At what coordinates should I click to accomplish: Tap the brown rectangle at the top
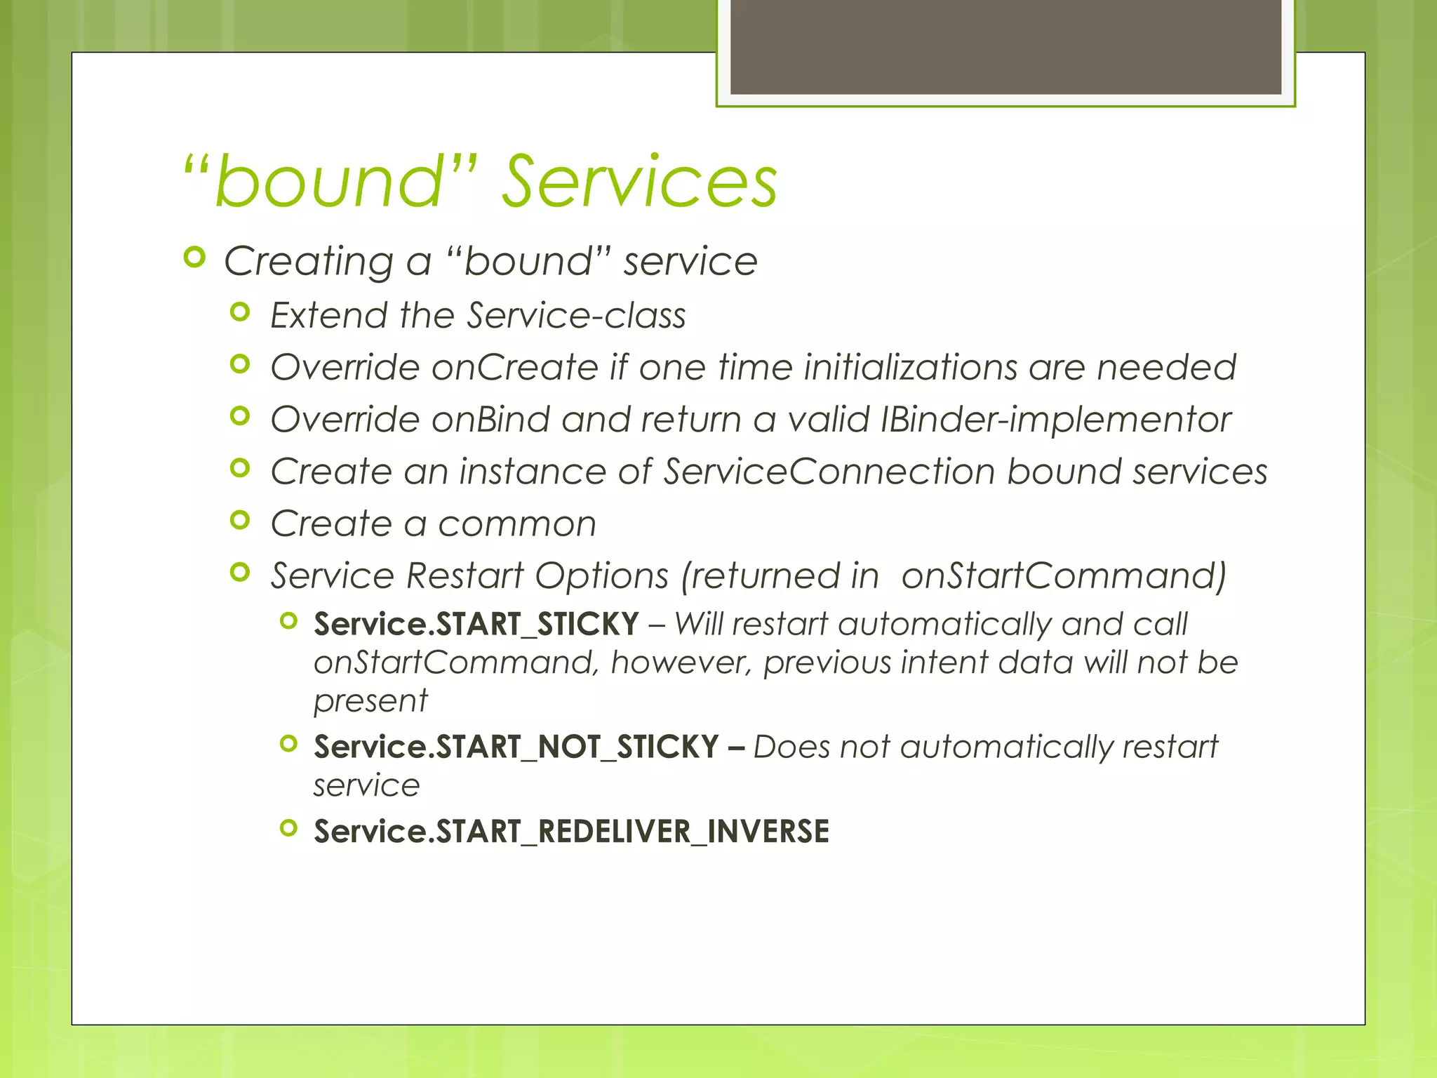point(1005,46)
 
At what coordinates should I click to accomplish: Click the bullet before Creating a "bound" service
point(194,258)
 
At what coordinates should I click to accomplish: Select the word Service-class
point(576,315)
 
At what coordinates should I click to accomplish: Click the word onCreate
point(514,367)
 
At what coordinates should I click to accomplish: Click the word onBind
point(490,419)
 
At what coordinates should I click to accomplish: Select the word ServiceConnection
point(829,471)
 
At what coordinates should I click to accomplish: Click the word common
point(517,524)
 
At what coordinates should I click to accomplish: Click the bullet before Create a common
point(240,520)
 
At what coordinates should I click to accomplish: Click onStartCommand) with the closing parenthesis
point(1064,575)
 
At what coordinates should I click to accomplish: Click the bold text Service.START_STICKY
point(476,625)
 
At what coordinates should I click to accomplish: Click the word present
point(370,701)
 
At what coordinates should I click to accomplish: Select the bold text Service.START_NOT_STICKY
point(516,747)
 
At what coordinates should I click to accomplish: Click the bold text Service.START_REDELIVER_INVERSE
point(571,832)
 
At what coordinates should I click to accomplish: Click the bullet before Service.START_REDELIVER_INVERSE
point(288,828)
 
